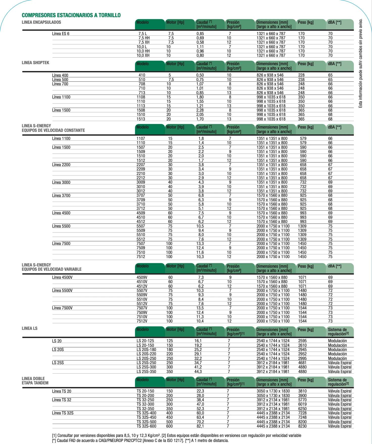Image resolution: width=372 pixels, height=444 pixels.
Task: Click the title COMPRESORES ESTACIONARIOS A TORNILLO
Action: [71, 15]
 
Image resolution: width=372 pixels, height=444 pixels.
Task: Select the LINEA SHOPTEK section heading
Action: [35, 63]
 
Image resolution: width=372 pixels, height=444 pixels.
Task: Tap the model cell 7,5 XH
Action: [144, 42]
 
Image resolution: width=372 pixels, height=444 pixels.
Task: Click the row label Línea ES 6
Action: [61, 34]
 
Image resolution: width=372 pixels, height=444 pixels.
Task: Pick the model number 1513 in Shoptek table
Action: [141, 119]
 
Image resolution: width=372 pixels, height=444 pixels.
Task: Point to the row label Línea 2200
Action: [61, 165]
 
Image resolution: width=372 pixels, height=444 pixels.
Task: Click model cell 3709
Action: [141, 200]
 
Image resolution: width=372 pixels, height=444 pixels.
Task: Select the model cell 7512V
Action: [142, 321]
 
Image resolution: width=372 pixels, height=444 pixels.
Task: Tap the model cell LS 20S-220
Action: [146, 354]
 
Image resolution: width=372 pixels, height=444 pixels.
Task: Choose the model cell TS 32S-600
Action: [146, 426]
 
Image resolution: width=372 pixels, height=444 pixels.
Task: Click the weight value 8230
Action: [302, 426]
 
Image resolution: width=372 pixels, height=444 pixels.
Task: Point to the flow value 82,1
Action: [200, 426]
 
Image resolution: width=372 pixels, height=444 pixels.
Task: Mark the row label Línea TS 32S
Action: [63, 413]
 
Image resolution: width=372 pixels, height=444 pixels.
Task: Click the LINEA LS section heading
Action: [30, 328]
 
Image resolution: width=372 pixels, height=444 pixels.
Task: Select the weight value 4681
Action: [302, 363]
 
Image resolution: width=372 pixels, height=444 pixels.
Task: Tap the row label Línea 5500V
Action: [62, 290]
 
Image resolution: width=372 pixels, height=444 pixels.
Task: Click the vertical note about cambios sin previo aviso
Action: [361, 63]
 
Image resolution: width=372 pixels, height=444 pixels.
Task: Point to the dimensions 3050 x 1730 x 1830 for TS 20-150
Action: [273, 391]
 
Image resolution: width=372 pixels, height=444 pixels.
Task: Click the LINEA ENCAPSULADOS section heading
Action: [41, 22]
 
